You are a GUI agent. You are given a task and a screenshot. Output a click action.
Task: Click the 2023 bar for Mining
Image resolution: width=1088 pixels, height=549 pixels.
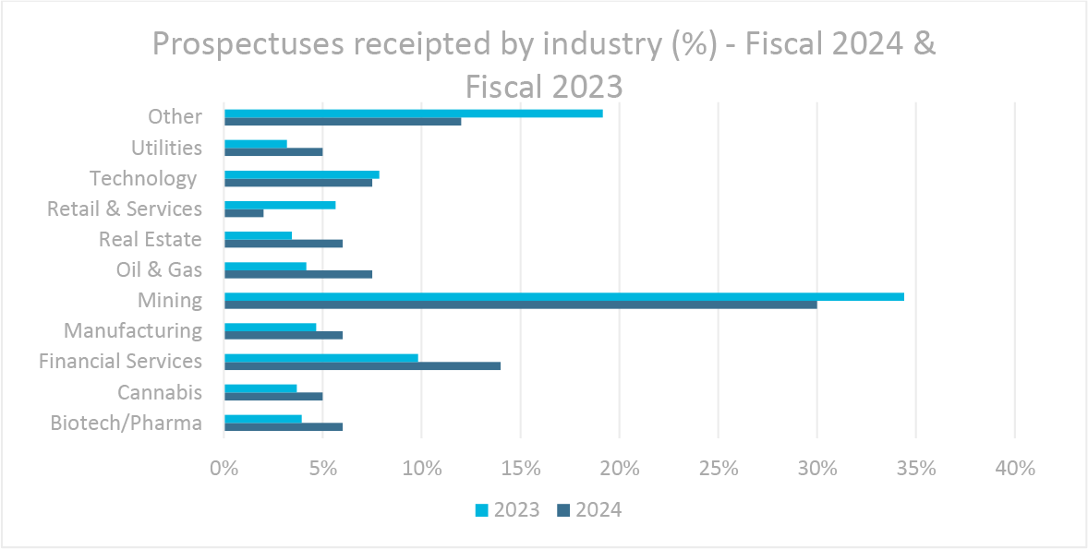pos(563,296)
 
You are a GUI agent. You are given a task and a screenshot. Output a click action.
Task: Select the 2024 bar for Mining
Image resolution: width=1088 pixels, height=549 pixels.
pos(520,304)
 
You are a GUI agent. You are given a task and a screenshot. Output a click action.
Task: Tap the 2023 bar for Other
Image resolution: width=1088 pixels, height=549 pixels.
pos(413,113)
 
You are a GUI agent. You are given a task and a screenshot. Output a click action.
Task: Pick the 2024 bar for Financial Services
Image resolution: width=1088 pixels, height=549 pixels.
pos(362,365)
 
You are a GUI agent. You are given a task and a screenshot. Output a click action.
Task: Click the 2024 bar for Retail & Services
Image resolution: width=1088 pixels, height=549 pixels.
pos(244,213)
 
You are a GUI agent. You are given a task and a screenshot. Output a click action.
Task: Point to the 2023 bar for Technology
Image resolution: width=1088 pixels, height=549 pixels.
pos(301,174)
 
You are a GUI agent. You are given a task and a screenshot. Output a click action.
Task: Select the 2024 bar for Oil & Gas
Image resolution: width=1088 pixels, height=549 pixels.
pos(297,274)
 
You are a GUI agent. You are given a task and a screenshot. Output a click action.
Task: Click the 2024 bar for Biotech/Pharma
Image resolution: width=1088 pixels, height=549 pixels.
pos(283,427)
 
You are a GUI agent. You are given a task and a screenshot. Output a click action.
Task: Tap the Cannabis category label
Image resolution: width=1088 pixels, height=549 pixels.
pos(159,392)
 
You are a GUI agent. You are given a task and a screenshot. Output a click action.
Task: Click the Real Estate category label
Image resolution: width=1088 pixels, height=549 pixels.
pos(150,239)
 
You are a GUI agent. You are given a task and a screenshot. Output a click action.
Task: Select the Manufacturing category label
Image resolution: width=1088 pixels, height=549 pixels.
pos(132,330)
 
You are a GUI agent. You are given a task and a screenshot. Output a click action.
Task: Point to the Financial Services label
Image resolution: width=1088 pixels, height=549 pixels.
pos(120,361)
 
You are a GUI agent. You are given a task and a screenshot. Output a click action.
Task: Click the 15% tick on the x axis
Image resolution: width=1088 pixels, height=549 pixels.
pos(520,468)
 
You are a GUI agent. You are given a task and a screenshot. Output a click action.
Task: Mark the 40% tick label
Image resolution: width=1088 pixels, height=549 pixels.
pos(1014,468)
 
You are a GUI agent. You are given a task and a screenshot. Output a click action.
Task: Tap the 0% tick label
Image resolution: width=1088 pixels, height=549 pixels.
pos(224,468)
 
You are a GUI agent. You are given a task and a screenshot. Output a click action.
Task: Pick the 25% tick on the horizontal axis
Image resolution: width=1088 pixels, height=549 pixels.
pos(718,468)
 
